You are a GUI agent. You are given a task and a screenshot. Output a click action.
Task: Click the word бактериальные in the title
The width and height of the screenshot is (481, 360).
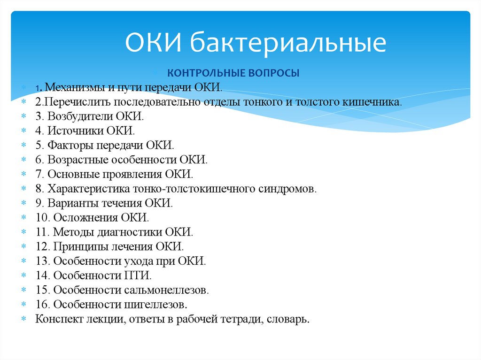288,42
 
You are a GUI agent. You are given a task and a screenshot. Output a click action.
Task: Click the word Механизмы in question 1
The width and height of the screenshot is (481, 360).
74,87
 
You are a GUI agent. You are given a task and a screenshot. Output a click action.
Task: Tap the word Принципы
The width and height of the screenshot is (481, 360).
79,246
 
